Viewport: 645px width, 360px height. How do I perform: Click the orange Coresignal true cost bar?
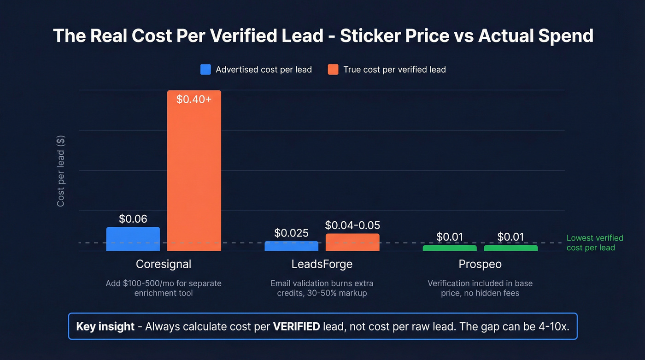coord(194,171)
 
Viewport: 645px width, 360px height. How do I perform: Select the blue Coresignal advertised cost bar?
coord(133,239)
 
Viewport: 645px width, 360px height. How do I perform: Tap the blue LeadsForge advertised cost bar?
coord(291,246)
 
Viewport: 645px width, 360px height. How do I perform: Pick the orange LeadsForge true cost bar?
coord(352,242)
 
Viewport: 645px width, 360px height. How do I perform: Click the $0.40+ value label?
coord(194,99)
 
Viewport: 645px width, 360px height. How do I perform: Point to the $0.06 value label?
coord(133,219)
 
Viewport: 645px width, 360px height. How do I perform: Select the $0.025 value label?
coord(291,233)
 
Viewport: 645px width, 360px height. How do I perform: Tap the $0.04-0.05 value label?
coord(352,225)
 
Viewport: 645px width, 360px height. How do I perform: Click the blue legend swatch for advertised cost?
coord(205,70)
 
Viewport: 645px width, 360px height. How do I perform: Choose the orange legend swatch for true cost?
coord(333,70)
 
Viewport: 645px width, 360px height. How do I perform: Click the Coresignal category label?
coord(164,264)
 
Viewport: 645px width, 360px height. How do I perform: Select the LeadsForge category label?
coord(322,264)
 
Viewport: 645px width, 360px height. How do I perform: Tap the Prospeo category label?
coord(480,264)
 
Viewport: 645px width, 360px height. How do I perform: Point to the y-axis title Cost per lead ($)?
coord(61,171)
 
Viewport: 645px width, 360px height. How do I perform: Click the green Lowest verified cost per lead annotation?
coord(594,243)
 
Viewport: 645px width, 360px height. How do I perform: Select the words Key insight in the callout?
coord(106,326)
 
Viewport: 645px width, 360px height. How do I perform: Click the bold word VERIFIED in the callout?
coord(296,326)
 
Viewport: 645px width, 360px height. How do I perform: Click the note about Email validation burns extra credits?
coord(322,288)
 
